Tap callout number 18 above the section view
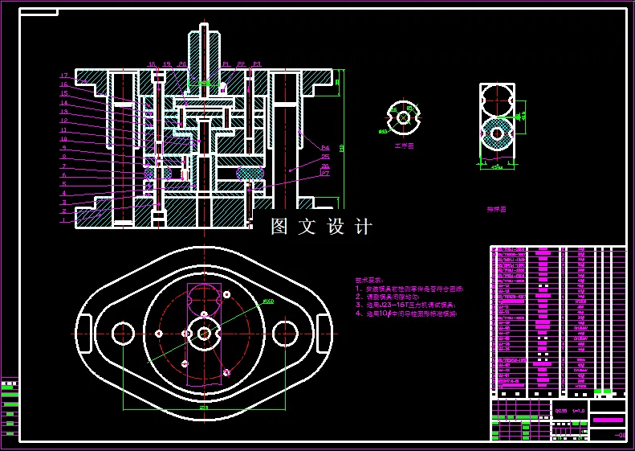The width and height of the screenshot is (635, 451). (152, 64)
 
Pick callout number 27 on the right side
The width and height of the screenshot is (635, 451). (325, 173)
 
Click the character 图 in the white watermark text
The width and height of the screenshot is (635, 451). (279, 227)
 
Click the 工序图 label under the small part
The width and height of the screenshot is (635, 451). (404, 146)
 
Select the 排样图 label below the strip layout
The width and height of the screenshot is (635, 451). (497, 209)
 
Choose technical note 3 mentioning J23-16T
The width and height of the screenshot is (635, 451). (405, 305)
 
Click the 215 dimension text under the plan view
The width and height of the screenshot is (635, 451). (204, 408)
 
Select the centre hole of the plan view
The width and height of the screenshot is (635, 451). (204, 333)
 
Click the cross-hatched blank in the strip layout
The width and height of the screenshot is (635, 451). (497, 133)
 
